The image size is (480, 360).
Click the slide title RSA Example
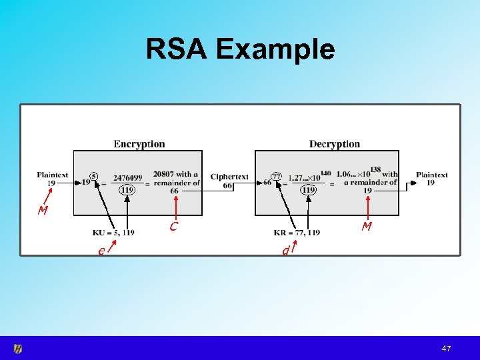coord(240,49)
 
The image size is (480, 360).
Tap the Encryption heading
coord(139,144)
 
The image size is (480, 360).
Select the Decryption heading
coord(334,144)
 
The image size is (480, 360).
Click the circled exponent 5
coord(94,177)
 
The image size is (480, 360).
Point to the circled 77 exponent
coord(276,177)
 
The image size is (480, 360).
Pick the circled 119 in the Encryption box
coord(127,190)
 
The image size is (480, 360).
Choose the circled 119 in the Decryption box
coord(308,190)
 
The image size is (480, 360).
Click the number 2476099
coord(127,178)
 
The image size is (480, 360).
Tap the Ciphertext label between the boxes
coord(229,177)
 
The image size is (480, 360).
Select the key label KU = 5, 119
coord(113,233)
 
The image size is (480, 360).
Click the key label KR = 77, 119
coord(297,233)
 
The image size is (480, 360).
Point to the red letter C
coord(173,227)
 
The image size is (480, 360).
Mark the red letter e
coord(101,251)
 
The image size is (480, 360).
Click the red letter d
coord(285,251)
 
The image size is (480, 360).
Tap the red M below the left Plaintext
coord(43,211)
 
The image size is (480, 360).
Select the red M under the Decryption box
coord(367,227)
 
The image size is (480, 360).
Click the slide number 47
coord(447,349)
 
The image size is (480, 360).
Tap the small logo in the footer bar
coord(18,348)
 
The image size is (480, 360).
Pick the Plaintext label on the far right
coord(431,175)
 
